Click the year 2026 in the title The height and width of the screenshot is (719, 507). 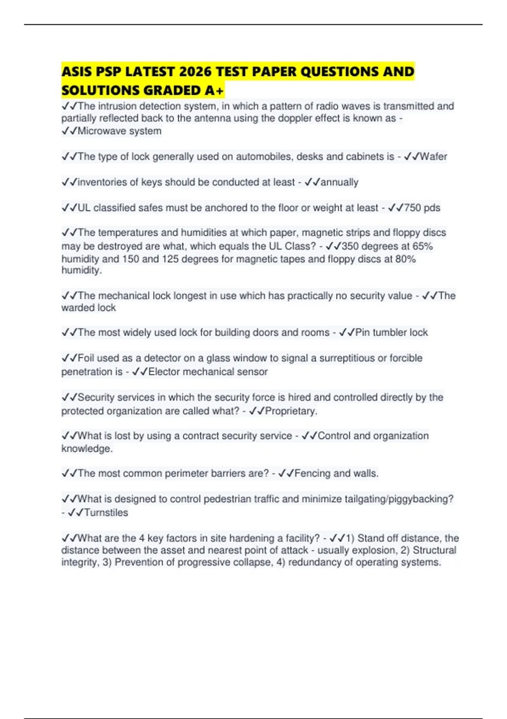[x=195, y=71]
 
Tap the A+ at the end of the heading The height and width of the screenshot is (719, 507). [x=215, y=91]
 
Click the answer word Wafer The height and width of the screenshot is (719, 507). [x=433, y=156]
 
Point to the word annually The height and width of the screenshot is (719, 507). [x=340, y=182]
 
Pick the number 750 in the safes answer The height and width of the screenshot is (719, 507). [x=413, y=208]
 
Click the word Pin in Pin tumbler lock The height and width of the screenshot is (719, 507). [x=363, y=332]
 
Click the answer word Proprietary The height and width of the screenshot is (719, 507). [x=291, y=411]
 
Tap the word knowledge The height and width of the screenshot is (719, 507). [x=87, y=449]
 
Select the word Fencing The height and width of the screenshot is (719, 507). [x=312, y=473]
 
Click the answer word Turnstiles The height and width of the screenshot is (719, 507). [x=106, y=513]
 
